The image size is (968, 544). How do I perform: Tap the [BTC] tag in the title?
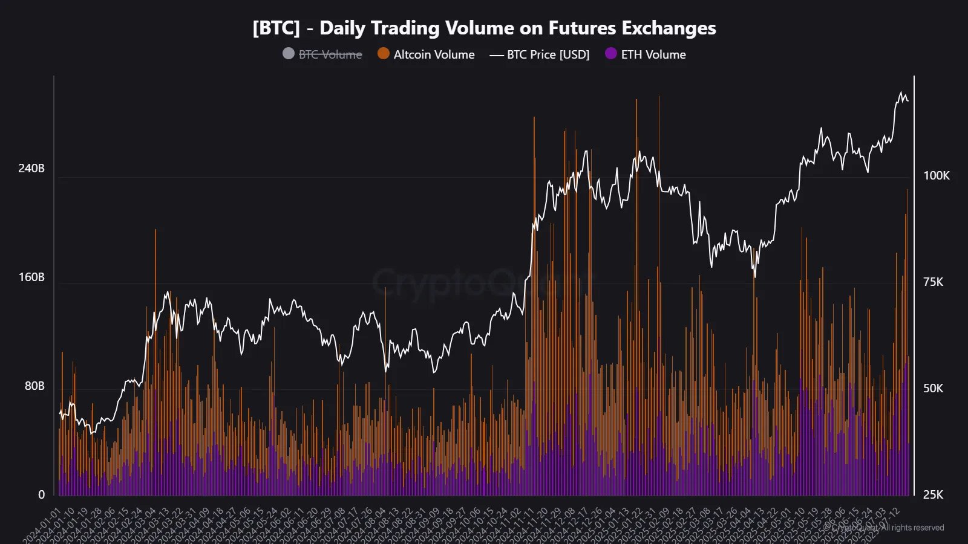[x=276, y=28]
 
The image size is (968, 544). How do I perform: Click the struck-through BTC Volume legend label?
[x=330, y=54]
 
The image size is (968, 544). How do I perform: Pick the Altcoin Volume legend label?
[x=434, y=54]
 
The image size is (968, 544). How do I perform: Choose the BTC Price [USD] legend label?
[x=548, y=54]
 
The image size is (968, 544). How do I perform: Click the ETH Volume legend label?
[x=653, y=54]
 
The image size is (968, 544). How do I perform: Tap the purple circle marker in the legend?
[x=611, y=54]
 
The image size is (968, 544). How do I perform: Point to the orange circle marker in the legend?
[x=383, y=54]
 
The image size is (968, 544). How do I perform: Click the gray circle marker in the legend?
[x=289, y=54]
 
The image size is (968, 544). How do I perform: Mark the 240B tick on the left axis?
[x=31, y=168]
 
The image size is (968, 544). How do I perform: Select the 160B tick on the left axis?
[x=31, y=277]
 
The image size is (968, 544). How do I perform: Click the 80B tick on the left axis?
[x=34, y=386]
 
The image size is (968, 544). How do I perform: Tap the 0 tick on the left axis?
[x=41, y=494]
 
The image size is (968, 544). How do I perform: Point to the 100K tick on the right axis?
[x=936, y=175]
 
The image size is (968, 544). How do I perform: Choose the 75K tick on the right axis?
[x=933, y=282]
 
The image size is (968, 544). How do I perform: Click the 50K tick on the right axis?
[x=933, y=388]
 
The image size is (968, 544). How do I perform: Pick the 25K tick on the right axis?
[x=933, y=494]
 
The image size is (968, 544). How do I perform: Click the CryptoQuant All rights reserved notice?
[x=887, y=528]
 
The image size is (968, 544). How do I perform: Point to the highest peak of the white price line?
[x=901, y=92]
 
